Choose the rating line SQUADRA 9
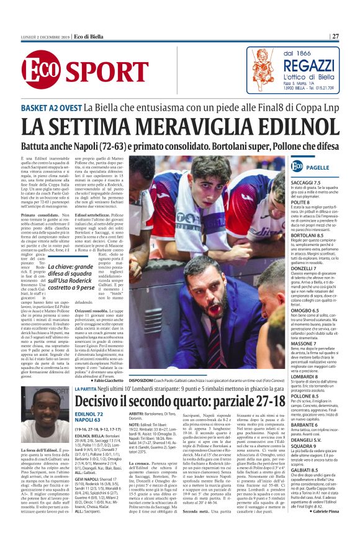[305, 463]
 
